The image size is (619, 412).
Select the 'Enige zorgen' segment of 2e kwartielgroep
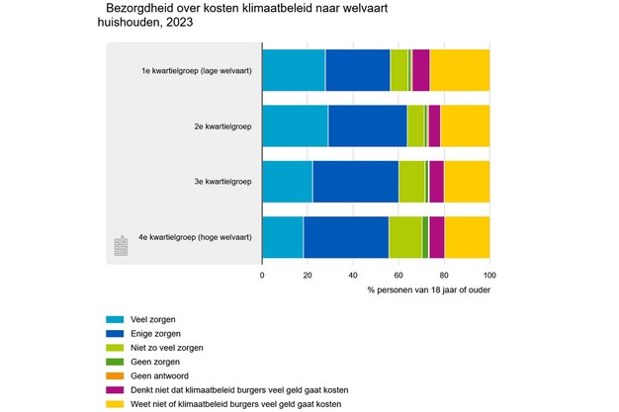click(x=367, y=125)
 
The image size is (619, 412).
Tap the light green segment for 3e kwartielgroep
click(x=411, y=181)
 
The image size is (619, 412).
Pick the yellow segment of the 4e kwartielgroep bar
click(x=467, y=236)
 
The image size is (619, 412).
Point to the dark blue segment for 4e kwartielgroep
click(x=346, y=236)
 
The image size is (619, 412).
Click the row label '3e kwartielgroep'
click(x=222, y=182)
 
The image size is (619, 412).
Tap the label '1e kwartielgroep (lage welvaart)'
click(x=197, y=70)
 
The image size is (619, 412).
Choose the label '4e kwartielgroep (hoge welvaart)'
click(x=196, y=237)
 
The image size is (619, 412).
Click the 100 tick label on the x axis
click(x=489, y=276)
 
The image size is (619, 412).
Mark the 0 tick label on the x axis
click(x=262, y=276)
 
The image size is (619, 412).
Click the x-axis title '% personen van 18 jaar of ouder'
click(x=427, y=291)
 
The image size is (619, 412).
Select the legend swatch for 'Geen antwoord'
click(x=115, y=376)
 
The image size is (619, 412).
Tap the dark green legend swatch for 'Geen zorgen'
click(x=115, y=363)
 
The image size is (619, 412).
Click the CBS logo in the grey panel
click(x=122, y=246)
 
